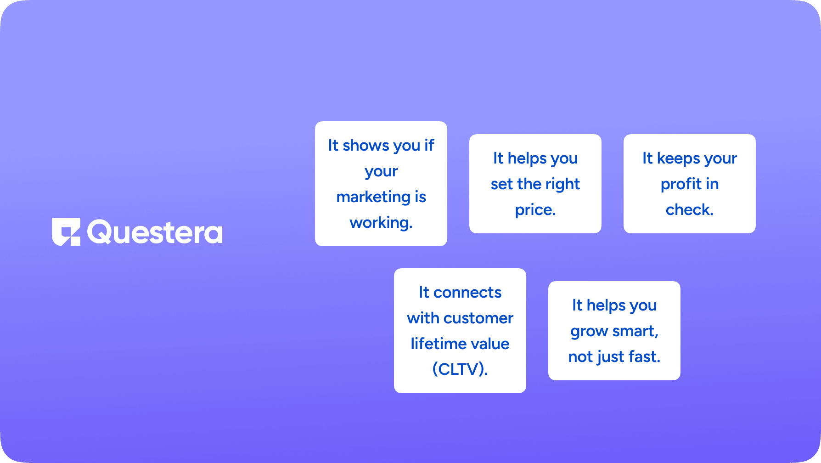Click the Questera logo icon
coord(66,232)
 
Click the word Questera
coord(155,232)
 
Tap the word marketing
coord(373,198)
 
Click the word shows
coord(366,146)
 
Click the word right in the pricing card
coord(562,184)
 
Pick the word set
coord(502,185)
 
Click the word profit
coord(681,184)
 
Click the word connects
coord(467,293)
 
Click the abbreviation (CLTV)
coord(460,369)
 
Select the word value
coord(487,344)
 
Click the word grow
coord(589,332)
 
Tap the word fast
coord(644,357)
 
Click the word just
coord(611,357)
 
